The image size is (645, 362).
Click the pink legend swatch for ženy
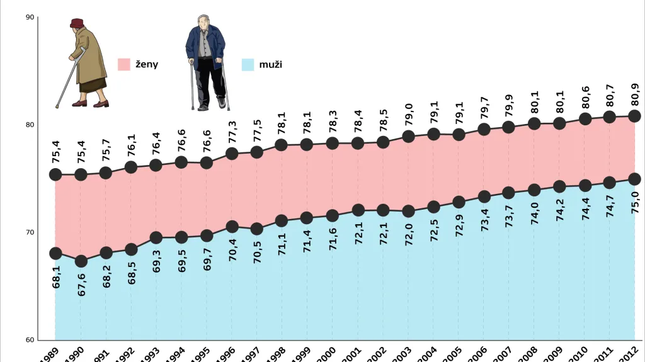click(x=124, y=64)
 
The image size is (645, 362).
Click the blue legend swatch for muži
click(x=248, y=64)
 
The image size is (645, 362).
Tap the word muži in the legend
click(x=270, y=64)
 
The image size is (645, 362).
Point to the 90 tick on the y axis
click(x=30, y=18)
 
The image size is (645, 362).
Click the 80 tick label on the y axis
click(x=30, y=125)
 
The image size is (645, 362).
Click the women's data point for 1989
click(x=55, y=174)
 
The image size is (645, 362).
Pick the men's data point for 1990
click(x=81, y=261)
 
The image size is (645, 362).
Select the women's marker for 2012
click(x=634, y=116)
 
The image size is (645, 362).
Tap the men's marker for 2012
click(x=634, y=179)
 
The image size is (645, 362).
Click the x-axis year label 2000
click(x=329, y=354)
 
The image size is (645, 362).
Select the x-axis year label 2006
click(x=480, y=354)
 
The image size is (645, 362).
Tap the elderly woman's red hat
click(x=77, y=23)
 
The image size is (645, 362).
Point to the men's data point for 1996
click(x=232, y=227)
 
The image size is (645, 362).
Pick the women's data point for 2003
click(x=408, y=136)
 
